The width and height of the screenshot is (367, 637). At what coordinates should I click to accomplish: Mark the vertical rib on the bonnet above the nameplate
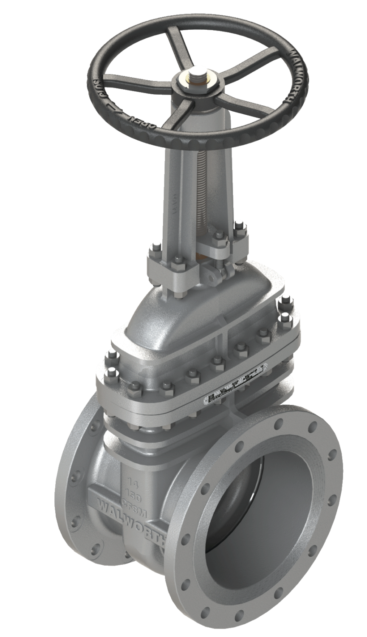click(x=221, y=340)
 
